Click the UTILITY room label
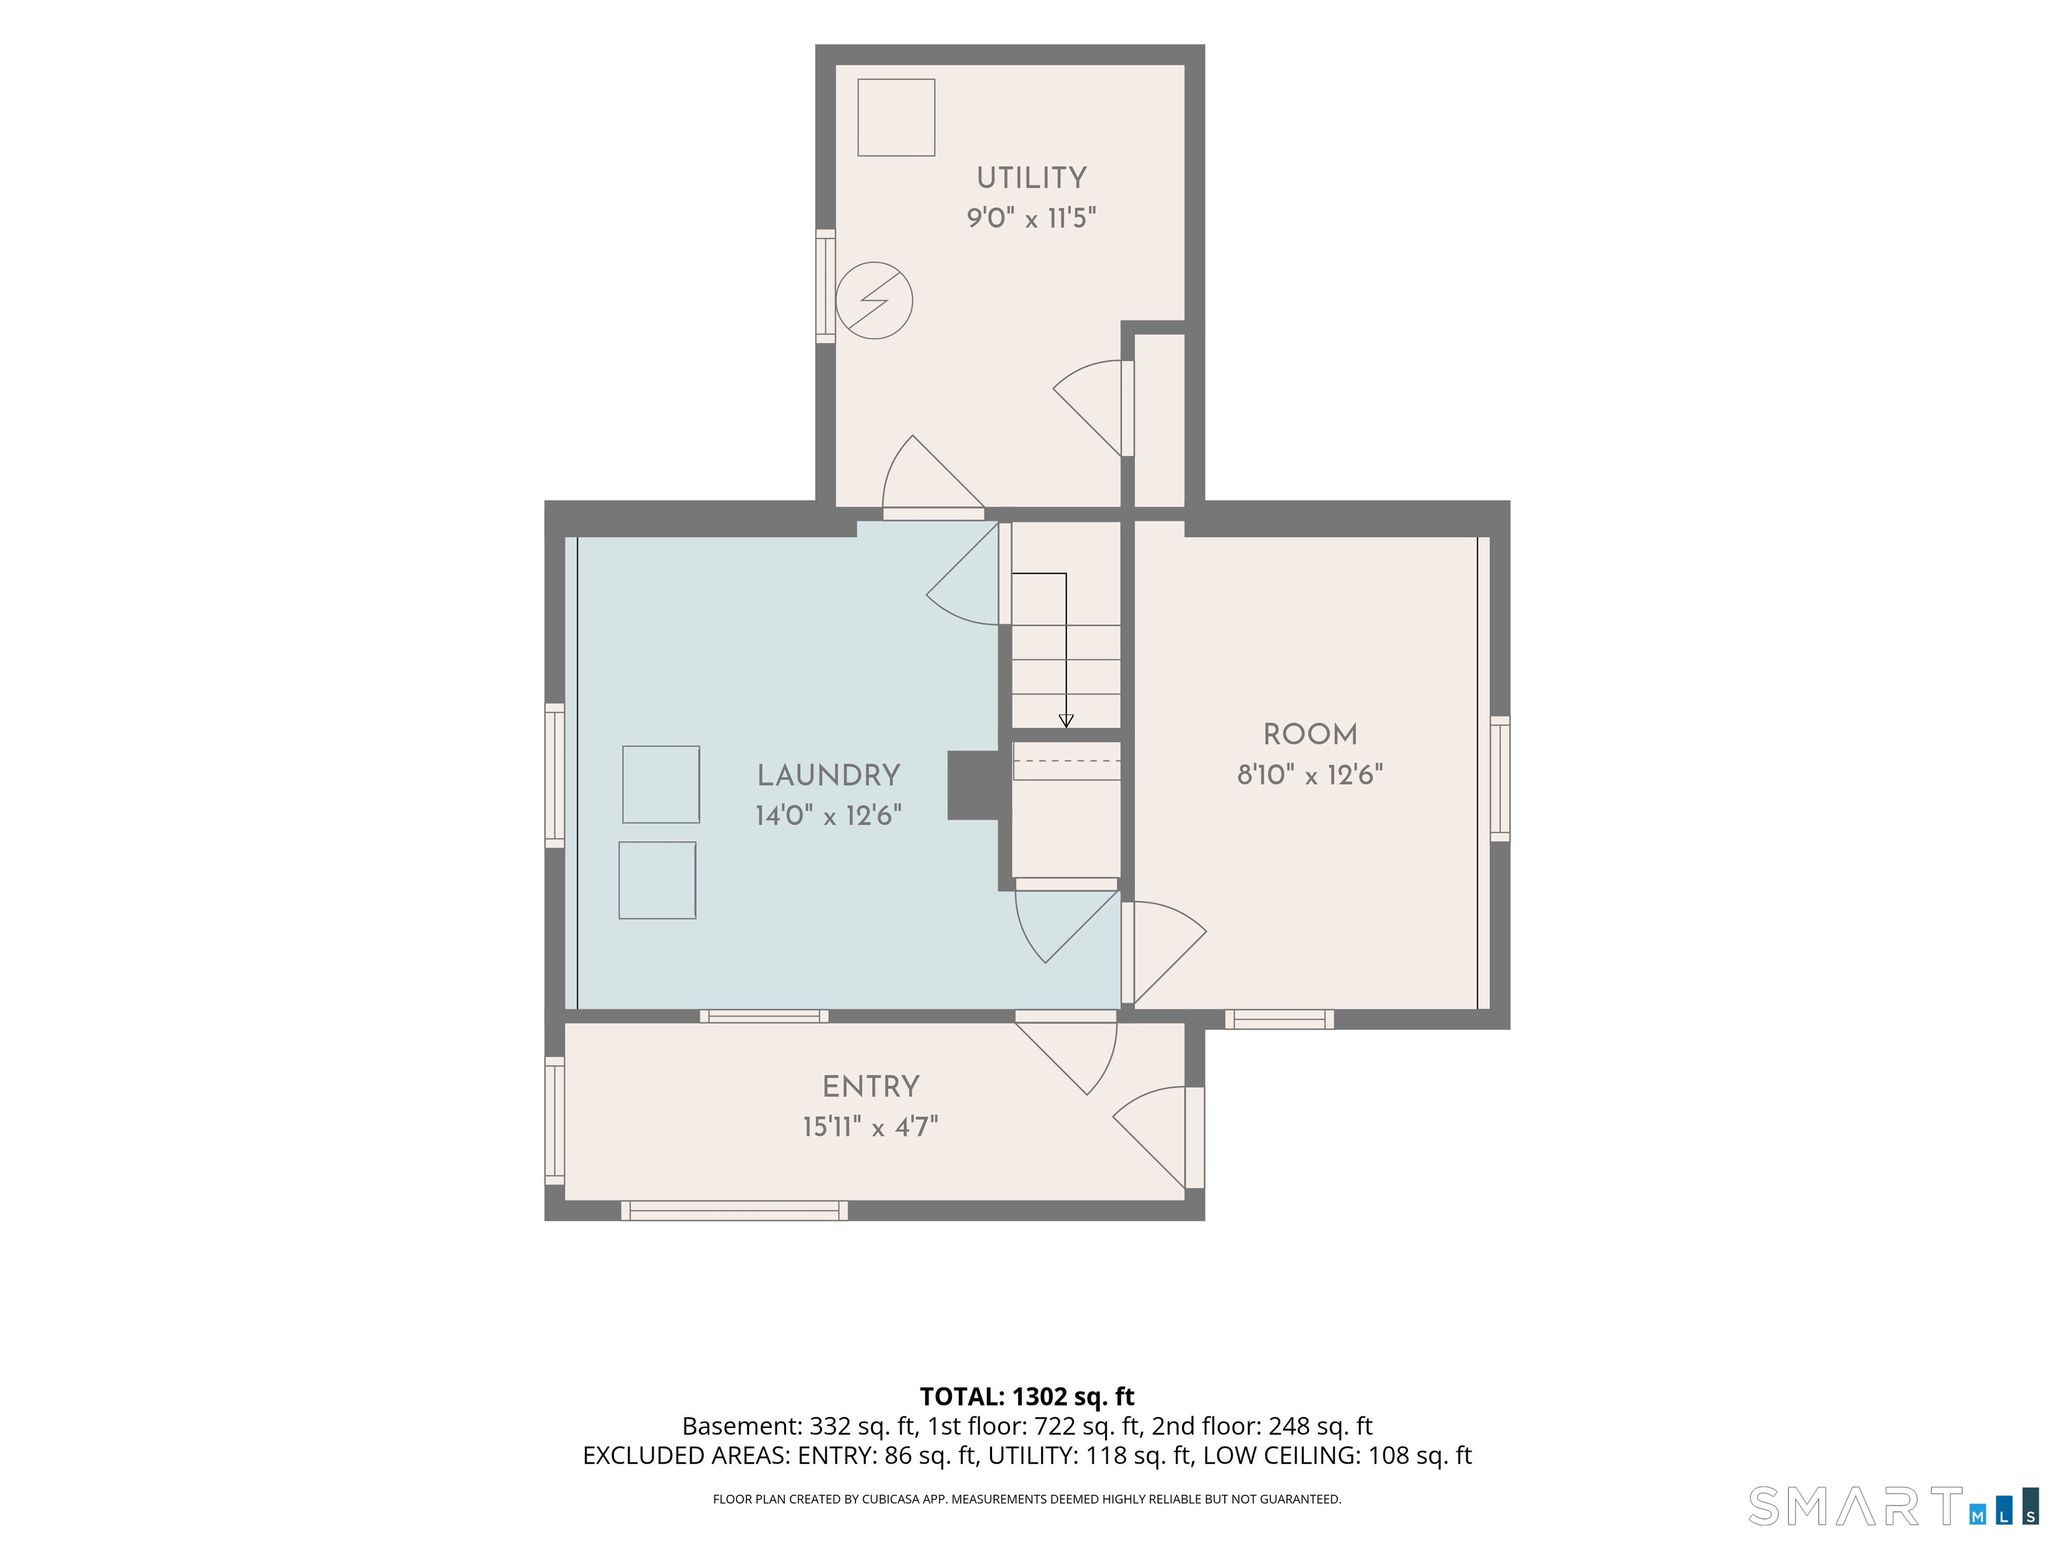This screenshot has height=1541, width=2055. pos(1032,177)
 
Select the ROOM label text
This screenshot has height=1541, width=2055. pos(1310,735)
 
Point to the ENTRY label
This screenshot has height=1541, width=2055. pos(870,1087)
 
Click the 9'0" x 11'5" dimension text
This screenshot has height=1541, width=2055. pos(1032,218)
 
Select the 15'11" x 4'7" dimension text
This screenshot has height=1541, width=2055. pos(870,1127)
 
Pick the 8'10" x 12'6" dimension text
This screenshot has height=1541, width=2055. pos(1310,775)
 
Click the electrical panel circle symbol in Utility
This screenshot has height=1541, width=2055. pos(874,301)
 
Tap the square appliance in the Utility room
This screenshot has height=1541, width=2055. pos(896,117)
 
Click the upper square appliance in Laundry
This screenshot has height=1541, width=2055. pos(660,784)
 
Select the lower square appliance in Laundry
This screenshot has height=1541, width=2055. pos(657,881)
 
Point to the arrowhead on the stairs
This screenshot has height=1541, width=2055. pos(1066,721)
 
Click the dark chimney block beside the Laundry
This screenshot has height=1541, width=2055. pos(973,785)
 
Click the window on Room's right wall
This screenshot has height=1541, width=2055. pos(1500,779)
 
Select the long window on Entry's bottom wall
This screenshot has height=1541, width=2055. pos(734,1211)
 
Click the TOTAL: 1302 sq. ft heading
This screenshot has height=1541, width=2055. pos(1027,1396)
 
